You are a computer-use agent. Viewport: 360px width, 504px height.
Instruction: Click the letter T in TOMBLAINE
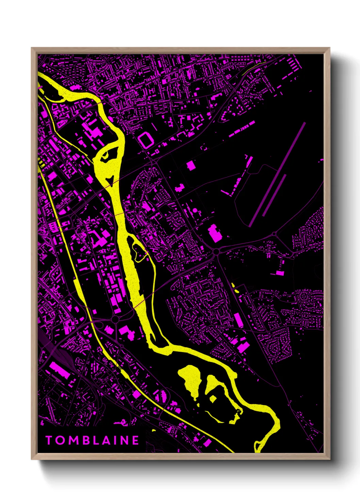49,440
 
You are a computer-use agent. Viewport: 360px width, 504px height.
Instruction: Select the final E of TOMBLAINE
135,440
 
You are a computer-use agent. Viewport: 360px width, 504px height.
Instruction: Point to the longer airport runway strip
278,174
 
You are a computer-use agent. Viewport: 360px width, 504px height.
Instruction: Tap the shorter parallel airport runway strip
274,195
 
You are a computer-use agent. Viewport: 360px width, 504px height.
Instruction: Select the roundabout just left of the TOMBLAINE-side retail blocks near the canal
115,319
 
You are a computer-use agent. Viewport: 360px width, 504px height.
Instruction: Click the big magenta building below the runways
215,233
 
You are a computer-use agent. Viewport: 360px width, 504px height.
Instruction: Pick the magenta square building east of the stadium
191,166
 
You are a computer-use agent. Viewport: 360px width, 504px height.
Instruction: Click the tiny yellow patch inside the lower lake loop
213,398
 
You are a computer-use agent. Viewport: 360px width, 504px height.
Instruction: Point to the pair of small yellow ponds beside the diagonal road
235,288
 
